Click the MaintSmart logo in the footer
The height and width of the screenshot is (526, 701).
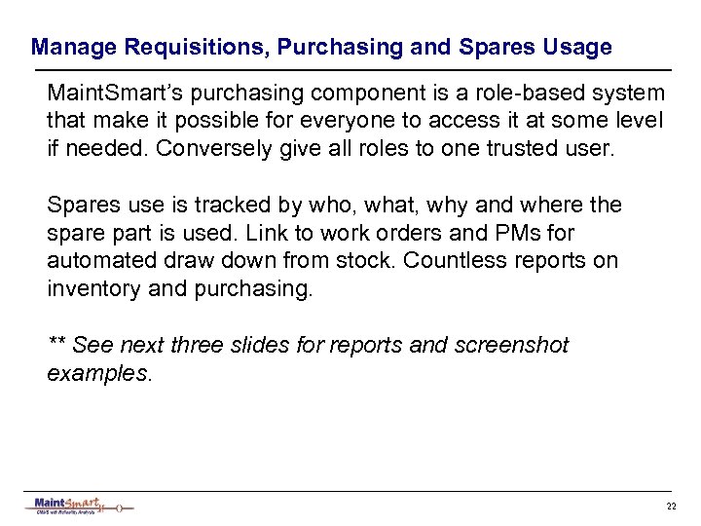tap(78, 505)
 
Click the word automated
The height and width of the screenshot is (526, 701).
tap(95, 261)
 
